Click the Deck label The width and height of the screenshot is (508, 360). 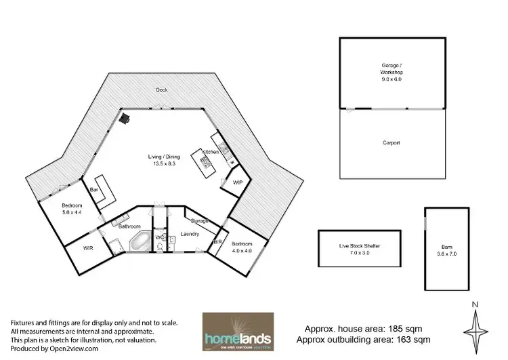pos(161,89)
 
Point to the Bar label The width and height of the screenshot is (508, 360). pos(95,191)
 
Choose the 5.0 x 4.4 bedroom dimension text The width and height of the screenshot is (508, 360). pos(72,212)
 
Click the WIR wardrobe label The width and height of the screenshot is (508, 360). pos(88,249)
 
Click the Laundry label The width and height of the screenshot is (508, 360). pos(189,234)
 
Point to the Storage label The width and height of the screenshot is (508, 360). pos(199,220)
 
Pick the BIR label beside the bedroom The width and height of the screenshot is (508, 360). pos(219,242)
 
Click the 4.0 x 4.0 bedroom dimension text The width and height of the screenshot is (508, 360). pos(242,249)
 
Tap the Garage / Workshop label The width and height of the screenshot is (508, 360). pos(391,69)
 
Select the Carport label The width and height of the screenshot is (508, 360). pos(391,143)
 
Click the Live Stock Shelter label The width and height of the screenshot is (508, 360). pos(360,245)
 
